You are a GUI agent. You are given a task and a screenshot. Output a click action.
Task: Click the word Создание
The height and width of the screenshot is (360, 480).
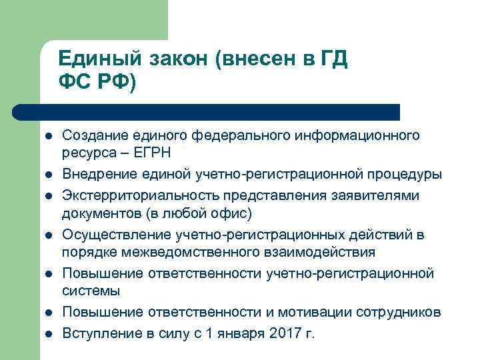tap(94, 136)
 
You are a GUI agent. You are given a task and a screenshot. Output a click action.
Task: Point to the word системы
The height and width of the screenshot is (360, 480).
tap(91, 291)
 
